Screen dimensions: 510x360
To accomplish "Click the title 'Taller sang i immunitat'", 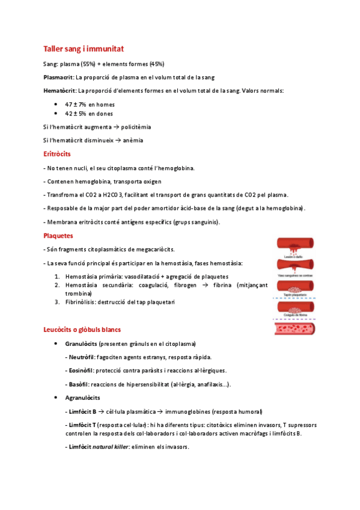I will pyautogui.click(x=84, y=49).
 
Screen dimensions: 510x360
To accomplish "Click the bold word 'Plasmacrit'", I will pyautogui.click(x=59, y=77).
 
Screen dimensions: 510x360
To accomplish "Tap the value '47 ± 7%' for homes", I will pyautogui.click(x=76, y=104).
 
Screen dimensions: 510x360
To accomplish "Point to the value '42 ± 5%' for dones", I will pyautogui.click(x=76, y=114).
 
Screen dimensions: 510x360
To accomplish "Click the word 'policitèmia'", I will pyautogui.click(x=136, y=127).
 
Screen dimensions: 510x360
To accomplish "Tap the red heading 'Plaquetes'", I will pyautogui.click(x=58, y=236).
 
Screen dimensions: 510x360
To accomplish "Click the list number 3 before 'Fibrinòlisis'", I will pyautogui.click(x=56, y=302).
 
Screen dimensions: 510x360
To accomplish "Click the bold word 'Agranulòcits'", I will pyautogui.click(x=82, y=398).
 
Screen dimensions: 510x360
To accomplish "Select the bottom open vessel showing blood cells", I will pyautogui.click(x=300, y=328).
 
